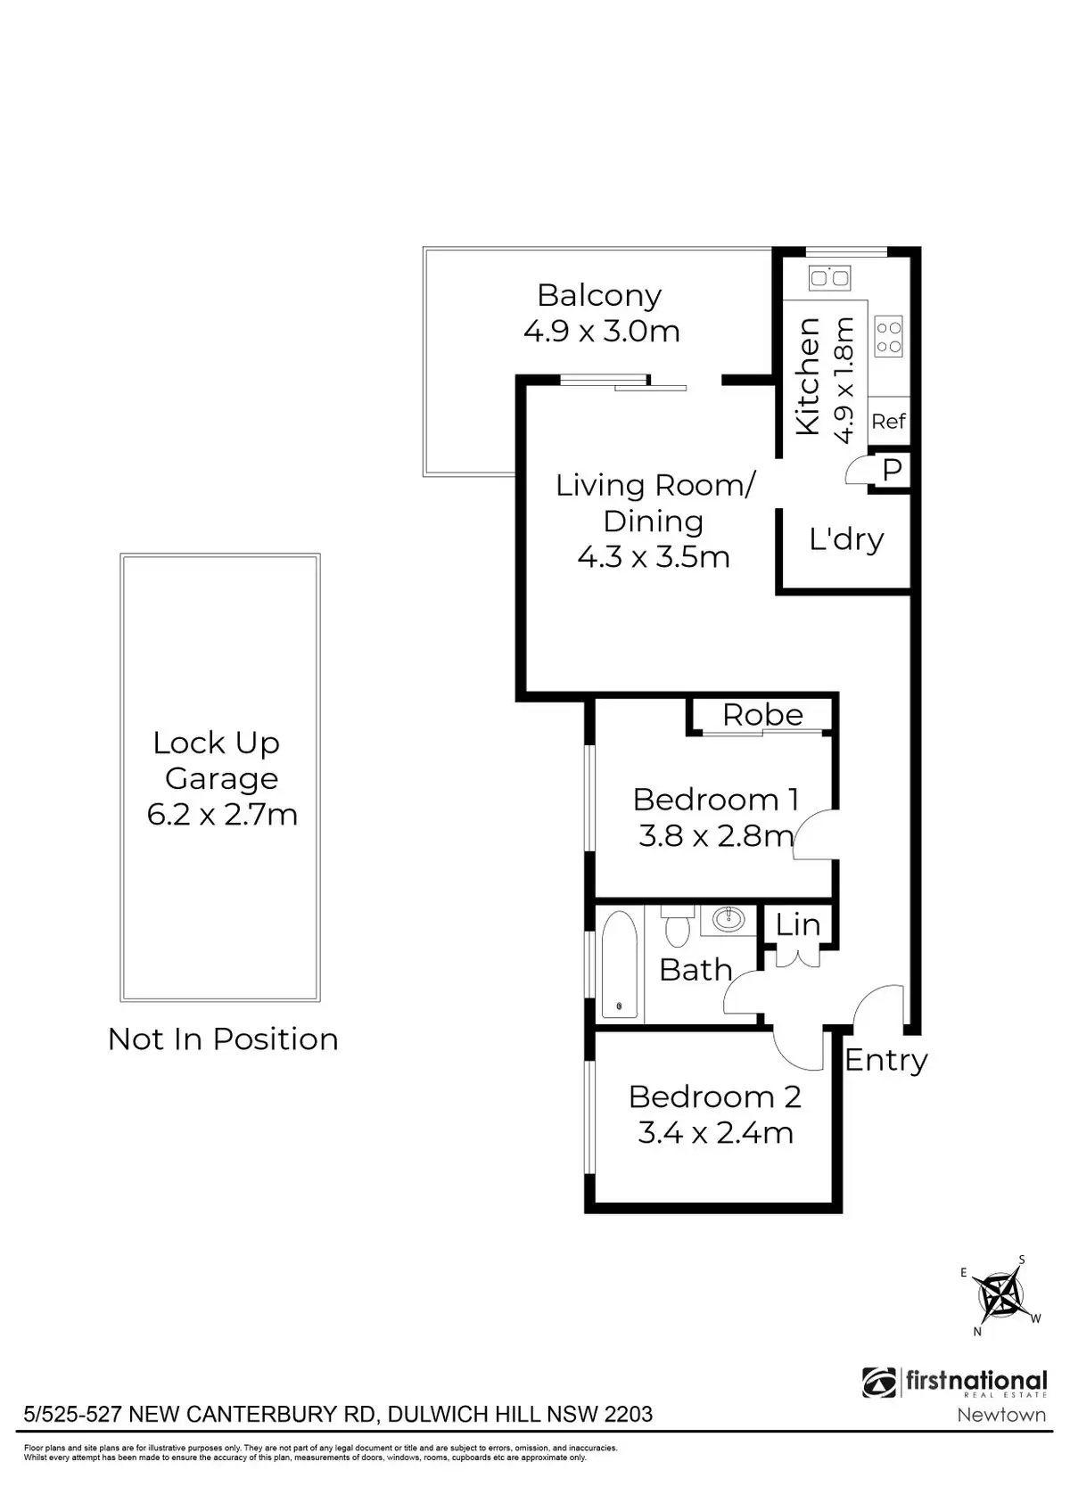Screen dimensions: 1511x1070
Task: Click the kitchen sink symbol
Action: (829, 278)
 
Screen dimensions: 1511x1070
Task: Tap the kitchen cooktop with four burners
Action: (889, 337)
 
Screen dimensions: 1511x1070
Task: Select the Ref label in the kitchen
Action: (889, 421)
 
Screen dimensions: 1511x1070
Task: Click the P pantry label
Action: (893, 470)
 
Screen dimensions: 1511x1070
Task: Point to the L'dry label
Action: (846, 539)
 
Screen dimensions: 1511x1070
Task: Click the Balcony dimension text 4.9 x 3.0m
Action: (602, 332)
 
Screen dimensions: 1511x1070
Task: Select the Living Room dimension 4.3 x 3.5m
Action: (654, 557)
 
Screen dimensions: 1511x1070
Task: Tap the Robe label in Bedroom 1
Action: (762, 715)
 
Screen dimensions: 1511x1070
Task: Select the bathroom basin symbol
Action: (730, 919)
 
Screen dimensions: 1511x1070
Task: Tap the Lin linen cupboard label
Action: (797, 924)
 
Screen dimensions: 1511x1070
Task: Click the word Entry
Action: (885, 1060)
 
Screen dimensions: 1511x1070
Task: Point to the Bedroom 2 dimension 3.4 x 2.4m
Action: (715, 1133)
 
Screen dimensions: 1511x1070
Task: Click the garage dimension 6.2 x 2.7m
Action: (222, 815)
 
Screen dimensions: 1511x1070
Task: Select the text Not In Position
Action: (223, 1039)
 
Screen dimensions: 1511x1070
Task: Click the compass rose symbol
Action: (999, 1295)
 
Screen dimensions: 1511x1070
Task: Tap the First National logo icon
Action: (880, 1383)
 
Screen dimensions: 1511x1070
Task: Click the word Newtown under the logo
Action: (1000, 1415)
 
